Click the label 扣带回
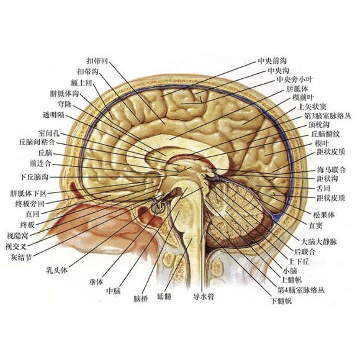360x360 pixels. [x=97, y=61]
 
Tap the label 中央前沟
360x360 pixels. [x=272, y=61]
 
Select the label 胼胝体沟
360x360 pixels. [x=65, y=94]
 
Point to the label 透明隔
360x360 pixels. [x=54, y=115]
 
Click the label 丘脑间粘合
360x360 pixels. [x=37, y=142]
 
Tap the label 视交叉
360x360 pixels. [x=16, y=246]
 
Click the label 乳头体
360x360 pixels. [x=57, y=271]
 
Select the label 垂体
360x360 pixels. [x=96, y=282]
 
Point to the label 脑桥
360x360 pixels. [x=141, y=299]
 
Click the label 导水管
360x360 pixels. [x=204, y=297]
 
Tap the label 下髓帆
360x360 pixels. [x=281, y=301]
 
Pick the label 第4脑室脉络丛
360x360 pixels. [x=301, y=290]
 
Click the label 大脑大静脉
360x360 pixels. [x=318, y=242]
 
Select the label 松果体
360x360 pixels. [x=323, y=215]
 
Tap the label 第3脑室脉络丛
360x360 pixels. [x=328, y=115]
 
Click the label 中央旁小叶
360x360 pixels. [x=295, y=79]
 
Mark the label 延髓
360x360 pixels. [x=164, y=297]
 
